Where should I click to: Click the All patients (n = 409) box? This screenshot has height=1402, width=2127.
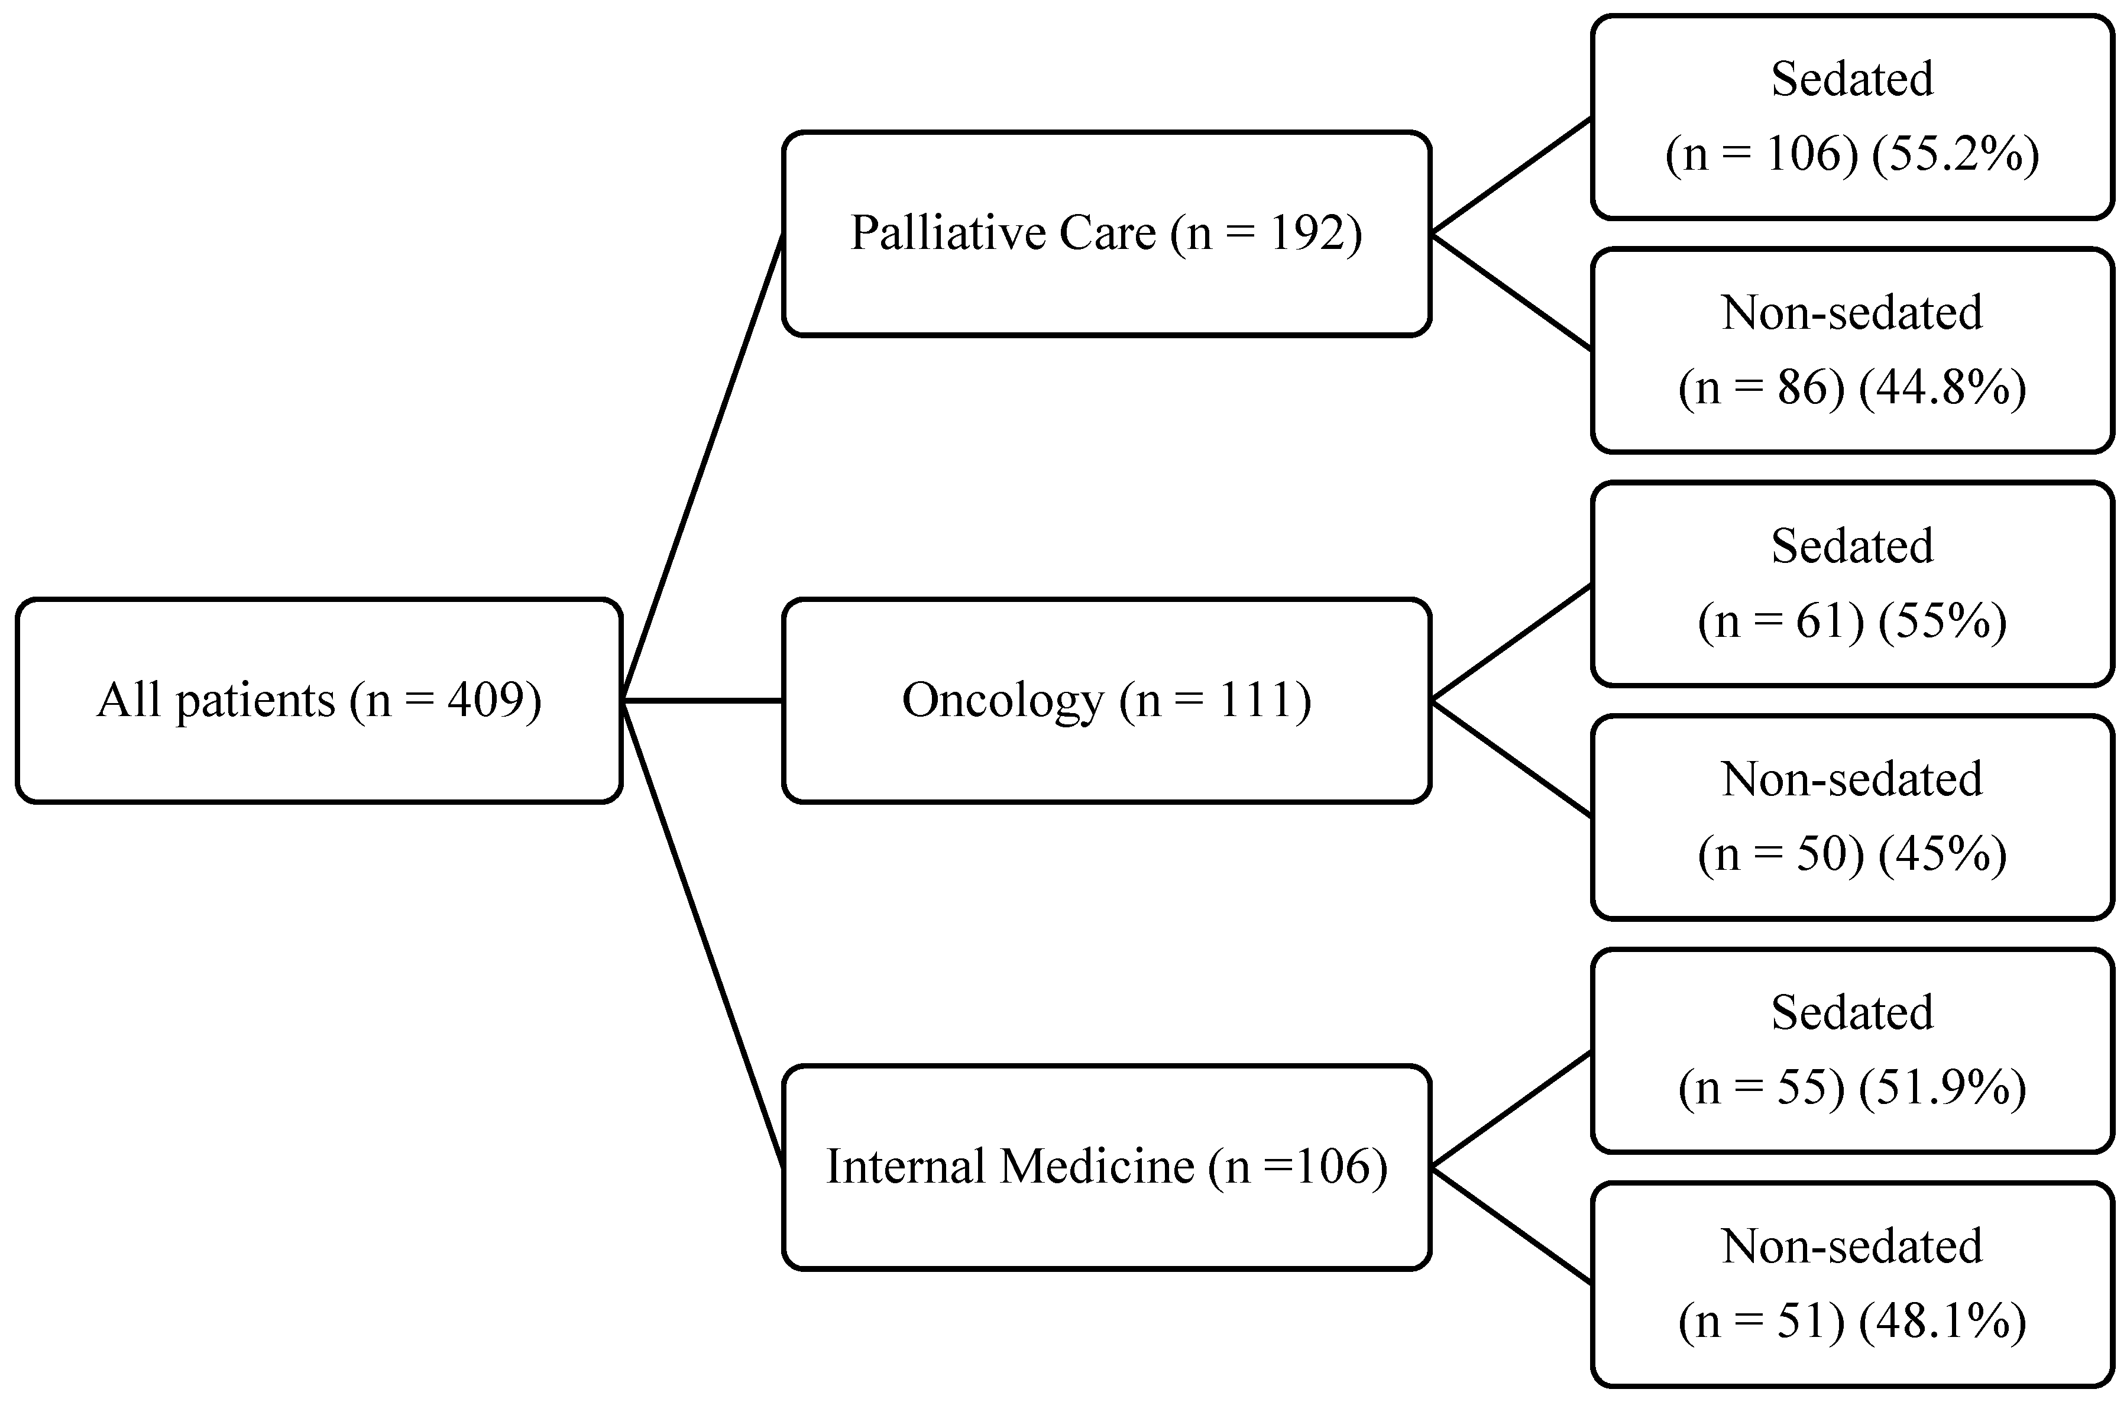[318, 700]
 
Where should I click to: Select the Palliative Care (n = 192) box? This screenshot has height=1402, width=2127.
[1106, 234]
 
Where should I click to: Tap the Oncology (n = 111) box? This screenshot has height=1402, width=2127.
[1106, 700]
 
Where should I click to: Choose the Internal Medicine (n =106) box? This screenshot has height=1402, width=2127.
[1106, 1167]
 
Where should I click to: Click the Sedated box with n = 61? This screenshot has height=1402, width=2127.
[1851, 584]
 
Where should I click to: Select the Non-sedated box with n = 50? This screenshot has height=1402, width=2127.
[1851, 817]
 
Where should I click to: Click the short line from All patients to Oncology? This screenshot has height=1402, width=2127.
[702, 700]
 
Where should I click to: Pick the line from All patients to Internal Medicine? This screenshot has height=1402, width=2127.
[702, 934]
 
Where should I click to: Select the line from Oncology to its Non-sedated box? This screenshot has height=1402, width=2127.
[1511, 758]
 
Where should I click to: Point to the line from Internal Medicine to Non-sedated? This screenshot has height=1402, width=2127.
[1511, 1225]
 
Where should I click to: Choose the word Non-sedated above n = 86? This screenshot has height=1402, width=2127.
[1851, 313]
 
